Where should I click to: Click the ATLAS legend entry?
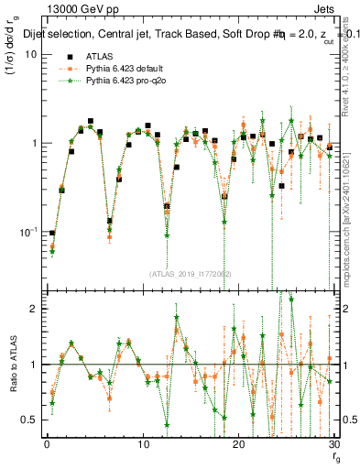(99, 56)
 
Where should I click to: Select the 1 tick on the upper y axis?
(32, 144)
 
